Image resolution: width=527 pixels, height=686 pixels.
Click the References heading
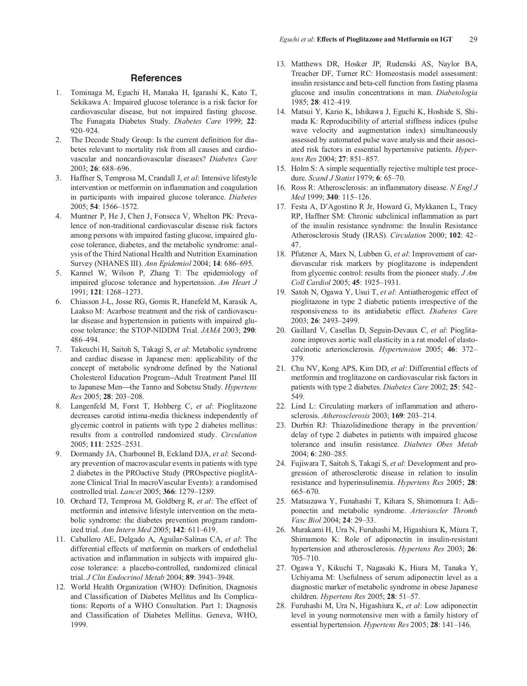[156, 78]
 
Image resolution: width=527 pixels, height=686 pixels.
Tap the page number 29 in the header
[473, 40]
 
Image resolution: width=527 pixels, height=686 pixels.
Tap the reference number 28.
[281, 606]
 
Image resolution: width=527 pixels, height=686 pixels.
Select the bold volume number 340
[333, 197]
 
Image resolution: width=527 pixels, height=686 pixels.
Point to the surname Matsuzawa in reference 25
[309, 501]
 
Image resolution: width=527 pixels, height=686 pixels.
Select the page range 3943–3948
[214, 577]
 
